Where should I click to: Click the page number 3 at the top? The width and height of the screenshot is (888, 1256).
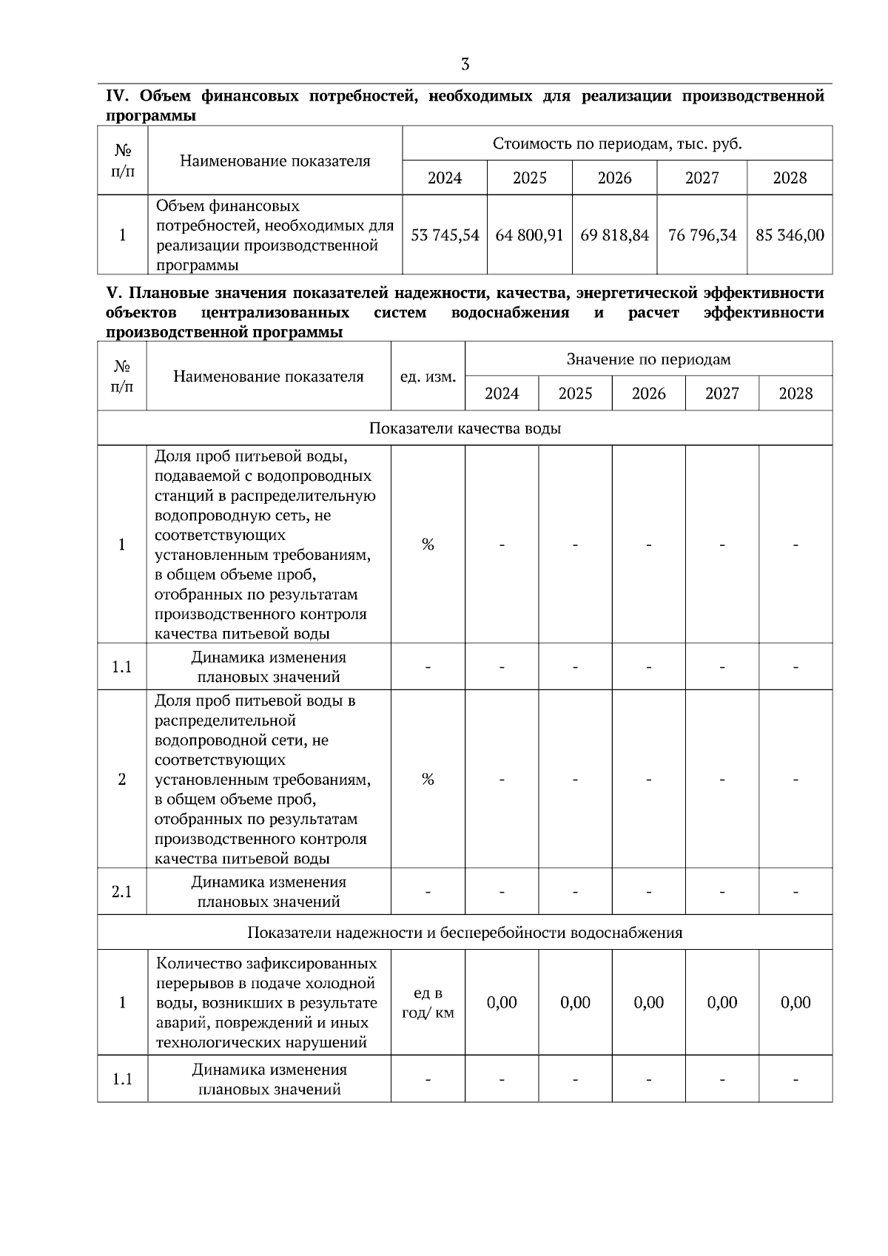click(465, 64)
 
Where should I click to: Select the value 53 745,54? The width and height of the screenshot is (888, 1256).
click(445, 235)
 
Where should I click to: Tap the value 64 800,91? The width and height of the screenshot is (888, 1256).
click(529, 235)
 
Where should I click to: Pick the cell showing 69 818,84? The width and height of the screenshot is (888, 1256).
click(614, 235)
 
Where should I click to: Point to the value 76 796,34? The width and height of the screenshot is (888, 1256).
click(702, 235)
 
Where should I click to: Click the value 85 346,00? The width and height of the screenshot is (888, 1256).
click(790, 235)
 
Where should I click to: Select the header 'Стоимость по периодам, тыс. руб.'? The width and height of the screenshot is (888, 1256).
click(617, 144)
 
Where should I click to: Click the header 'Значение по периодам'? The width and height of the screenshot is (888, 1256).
click(648, 359)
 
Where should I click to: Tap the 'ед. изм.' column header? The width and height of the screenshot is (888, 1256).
click(428, 377)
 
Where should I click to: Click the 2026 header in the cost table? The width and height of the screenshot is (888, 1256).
click(614, 178)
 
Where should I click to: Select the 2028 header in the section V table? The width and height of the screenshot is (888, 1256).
click(795, 394)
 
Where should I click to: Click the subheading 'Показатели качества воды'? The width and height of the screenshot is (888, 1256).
click(465, 428)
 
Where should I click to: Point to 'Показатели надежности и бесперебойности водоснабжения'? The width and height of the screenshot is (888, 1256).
click(465, 932)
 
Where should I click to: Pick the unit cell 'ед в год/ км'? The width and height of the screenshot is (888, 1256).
click(428, 1002)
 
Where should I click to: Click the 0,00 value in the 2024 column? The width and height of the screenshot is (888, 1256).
click(502, 1002)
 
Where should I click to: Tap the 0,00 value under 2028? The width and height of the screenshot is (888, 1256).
click(795, 1002)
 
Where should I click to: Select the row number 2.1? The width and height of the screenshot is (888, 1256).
click(122, 891)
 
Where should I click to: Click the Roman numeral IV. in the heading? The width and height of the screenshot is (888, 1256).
click(118, 96)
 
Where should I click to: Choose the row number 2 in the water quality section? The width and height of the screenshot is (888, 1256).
click(122, 779)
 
